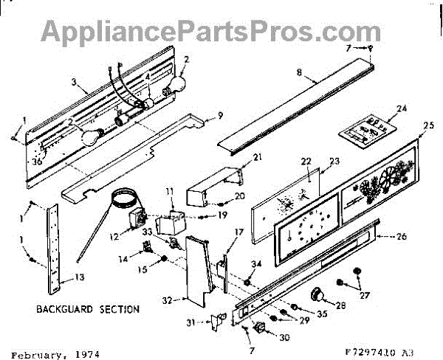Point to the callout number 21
(x=238, y=157)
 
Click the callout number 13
(x=59, y=278)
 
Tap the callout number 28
(x=340, y=305)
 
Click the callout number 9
(x=219, y=115)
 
